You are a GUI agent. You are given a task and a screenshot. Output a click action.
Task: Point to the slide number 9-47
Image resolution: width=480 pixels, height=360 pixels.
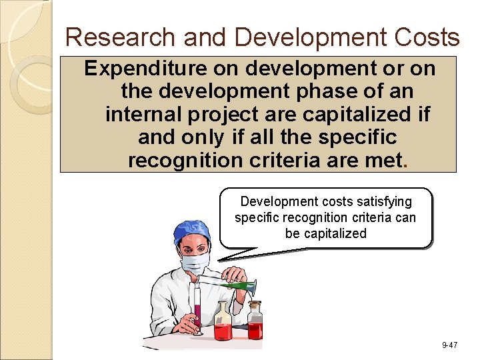(449, 345)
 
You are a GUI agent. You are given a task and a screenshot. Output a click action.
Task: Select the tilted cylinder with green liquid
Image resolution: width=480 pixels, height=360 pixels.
(230, 285)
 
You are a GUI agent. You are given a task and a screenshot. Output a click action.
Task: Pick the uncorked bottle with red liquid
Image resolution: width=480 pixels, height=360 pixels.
(223, 323)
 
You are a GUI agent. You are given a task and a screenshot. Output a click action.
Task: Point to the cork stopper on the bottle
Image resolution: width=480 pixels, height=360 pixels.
(255, 305)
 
